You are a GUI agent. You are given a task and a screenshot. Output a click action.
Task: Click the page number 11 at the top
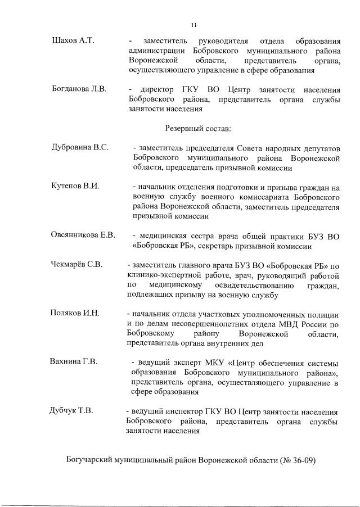click(193, 25)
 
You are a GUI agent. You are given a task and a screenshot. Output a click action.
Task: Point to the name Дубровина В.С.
click(80, 148)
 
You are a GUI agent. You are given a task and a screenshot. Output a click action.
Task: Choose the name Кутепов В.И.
click(75, 187)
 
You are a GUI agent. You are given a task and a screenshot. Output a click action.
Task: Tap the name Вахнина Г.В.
click(74, 361)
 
